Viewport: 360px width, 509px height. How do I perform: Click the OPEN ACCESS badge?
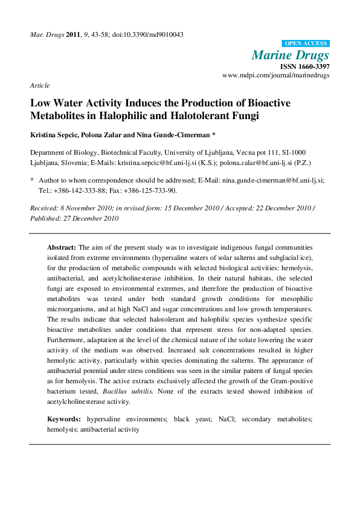click(306, 44)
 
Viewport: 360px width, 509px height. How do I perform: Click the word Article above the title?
click(40, 85)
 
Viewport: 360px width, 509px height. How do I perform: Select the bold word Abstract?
click(62, 248)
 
